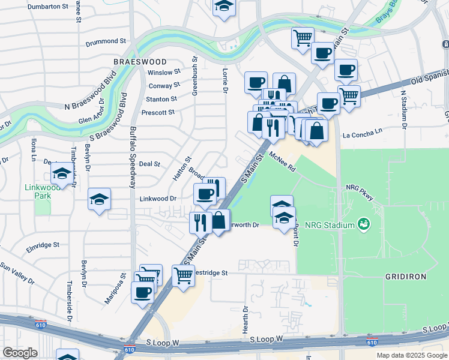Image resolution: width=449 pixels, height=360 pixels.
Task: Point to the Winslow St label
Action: pyautogui.click(x=163, y=73)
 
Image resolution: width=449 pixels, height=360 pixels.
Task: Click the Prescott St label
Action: pyautogui.click(x=157, y=112)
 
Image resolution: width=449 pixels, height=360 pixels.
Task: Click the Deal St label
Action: pyautogui.click(x=149, y=163)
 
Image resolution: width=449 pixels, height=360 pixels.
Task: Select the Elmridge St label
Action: pyautogui.click(x=43, y=245)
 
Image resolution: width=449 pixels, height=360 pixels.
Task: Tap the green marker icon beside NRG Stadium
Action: pyautogui.click(x=363, y=225)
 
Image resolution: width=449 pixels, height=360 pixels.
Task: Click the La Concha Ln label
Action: pyautogui.click(x=362, y=133)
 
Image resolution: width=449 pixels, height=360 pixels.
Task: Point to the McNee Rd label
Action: pyautogui.click(x=283, y=162)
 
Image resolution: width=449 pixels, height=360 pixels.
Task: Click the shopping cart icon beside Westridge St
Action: pyautogui.click(x=183, y=275)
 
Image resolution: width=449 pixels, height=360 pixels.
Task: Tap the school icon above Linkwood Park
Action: pyautogui.click(x=61, y=173)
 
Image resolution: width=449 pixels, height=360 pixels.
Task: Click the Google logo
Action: pyautogui.click(x=20, y=353)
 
